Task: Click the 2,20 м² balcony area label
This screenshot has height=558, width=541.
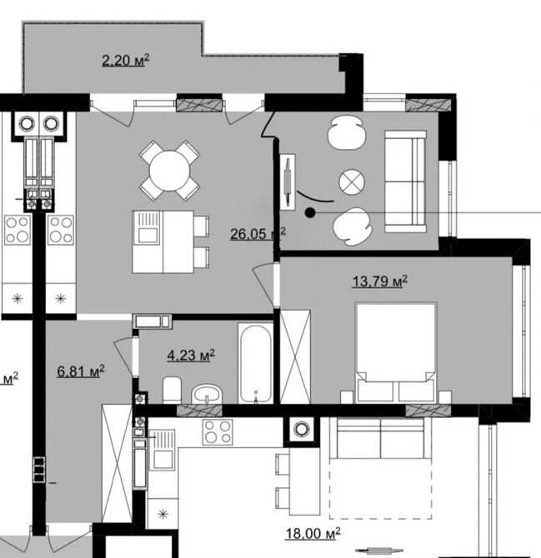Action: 125,60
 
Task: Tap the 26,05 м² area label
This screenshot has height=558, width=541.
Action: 258,234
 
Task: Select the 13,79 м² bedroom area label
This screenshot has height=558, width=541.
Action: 380,281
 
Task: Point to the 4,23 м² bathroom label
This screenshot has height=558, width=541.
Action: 191,355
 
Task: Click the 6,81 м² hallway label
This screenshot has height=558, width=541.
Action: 81,371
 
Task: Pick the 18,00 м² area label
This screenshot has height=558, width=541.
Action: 313,534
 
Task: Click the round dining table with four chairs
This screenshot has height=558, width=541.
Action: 169,171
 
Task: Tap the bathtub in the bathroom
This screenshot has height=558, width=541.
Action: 255,363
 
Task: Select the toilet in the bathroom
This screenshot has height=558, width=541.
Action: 172,390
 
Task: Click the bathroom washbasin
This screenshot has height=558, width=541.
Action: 208,394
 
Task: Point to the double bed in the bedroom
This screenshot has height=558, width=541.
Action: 397,352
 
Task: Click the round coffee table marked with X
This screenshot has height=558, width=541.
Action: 352,182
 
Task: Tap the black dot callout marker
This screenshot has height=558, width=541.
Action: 310,213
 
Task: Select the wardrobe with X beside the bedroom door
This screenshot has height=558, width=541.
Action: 295,357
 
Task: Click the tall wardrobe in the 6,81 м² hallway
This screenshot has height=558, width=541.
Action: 117,463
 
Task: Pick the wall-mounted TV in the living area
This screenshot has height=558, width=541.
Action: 288,182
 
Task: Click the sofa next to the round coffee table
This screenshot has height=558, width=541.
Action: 406,182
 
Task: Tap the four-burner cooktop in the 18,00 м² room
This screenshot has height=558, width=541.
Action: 218,432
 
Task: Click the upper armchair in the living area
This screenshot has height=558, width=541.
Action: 346,132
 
